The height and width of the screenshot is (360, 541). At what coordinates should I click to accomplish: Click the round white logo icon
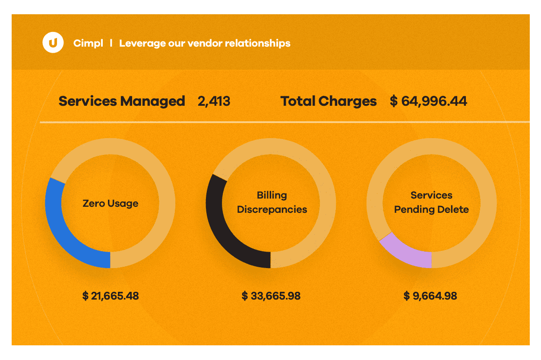point(53,43)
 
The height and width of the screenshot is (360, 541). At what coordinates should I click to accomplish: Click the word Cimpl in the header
point(88,43)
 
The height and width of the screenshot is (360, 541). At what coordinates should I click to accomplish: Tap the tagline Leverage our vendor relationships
point(205,43)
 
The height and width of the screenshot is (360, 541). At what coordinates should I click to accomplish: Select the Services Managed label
point(122,101)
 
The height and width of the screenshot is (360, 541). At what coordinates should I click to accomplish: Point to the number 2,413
point(214,101)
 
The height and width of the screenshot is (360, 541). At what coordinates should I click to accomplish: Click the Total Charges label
point(329,101)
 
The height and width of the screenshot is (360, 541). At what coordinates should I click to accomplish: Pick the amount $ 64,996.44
point(428,101)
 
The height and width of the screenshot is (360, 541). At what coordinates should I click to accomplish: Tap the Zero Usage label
point(111,203)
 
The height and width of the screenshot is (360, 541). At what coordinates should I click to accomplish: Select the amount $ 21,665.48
point(111,296)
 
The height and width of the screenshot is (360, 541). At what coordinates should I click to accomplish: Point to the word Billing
point(272,195)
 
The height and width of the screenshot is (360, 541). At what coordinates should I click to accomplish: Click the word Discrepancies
point(272,209)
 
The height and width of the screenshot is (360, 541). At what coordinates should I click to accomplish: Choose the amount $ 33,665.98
point(271,296)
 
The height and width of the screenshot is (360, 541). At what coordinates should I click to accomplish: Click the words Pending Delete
point(431,209)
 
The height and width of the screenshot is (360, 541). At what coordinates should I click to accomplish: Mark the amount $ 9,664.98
point(430,296)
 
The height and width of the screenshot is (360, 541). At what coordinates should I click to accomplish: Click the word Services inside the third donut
point(431,195)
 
